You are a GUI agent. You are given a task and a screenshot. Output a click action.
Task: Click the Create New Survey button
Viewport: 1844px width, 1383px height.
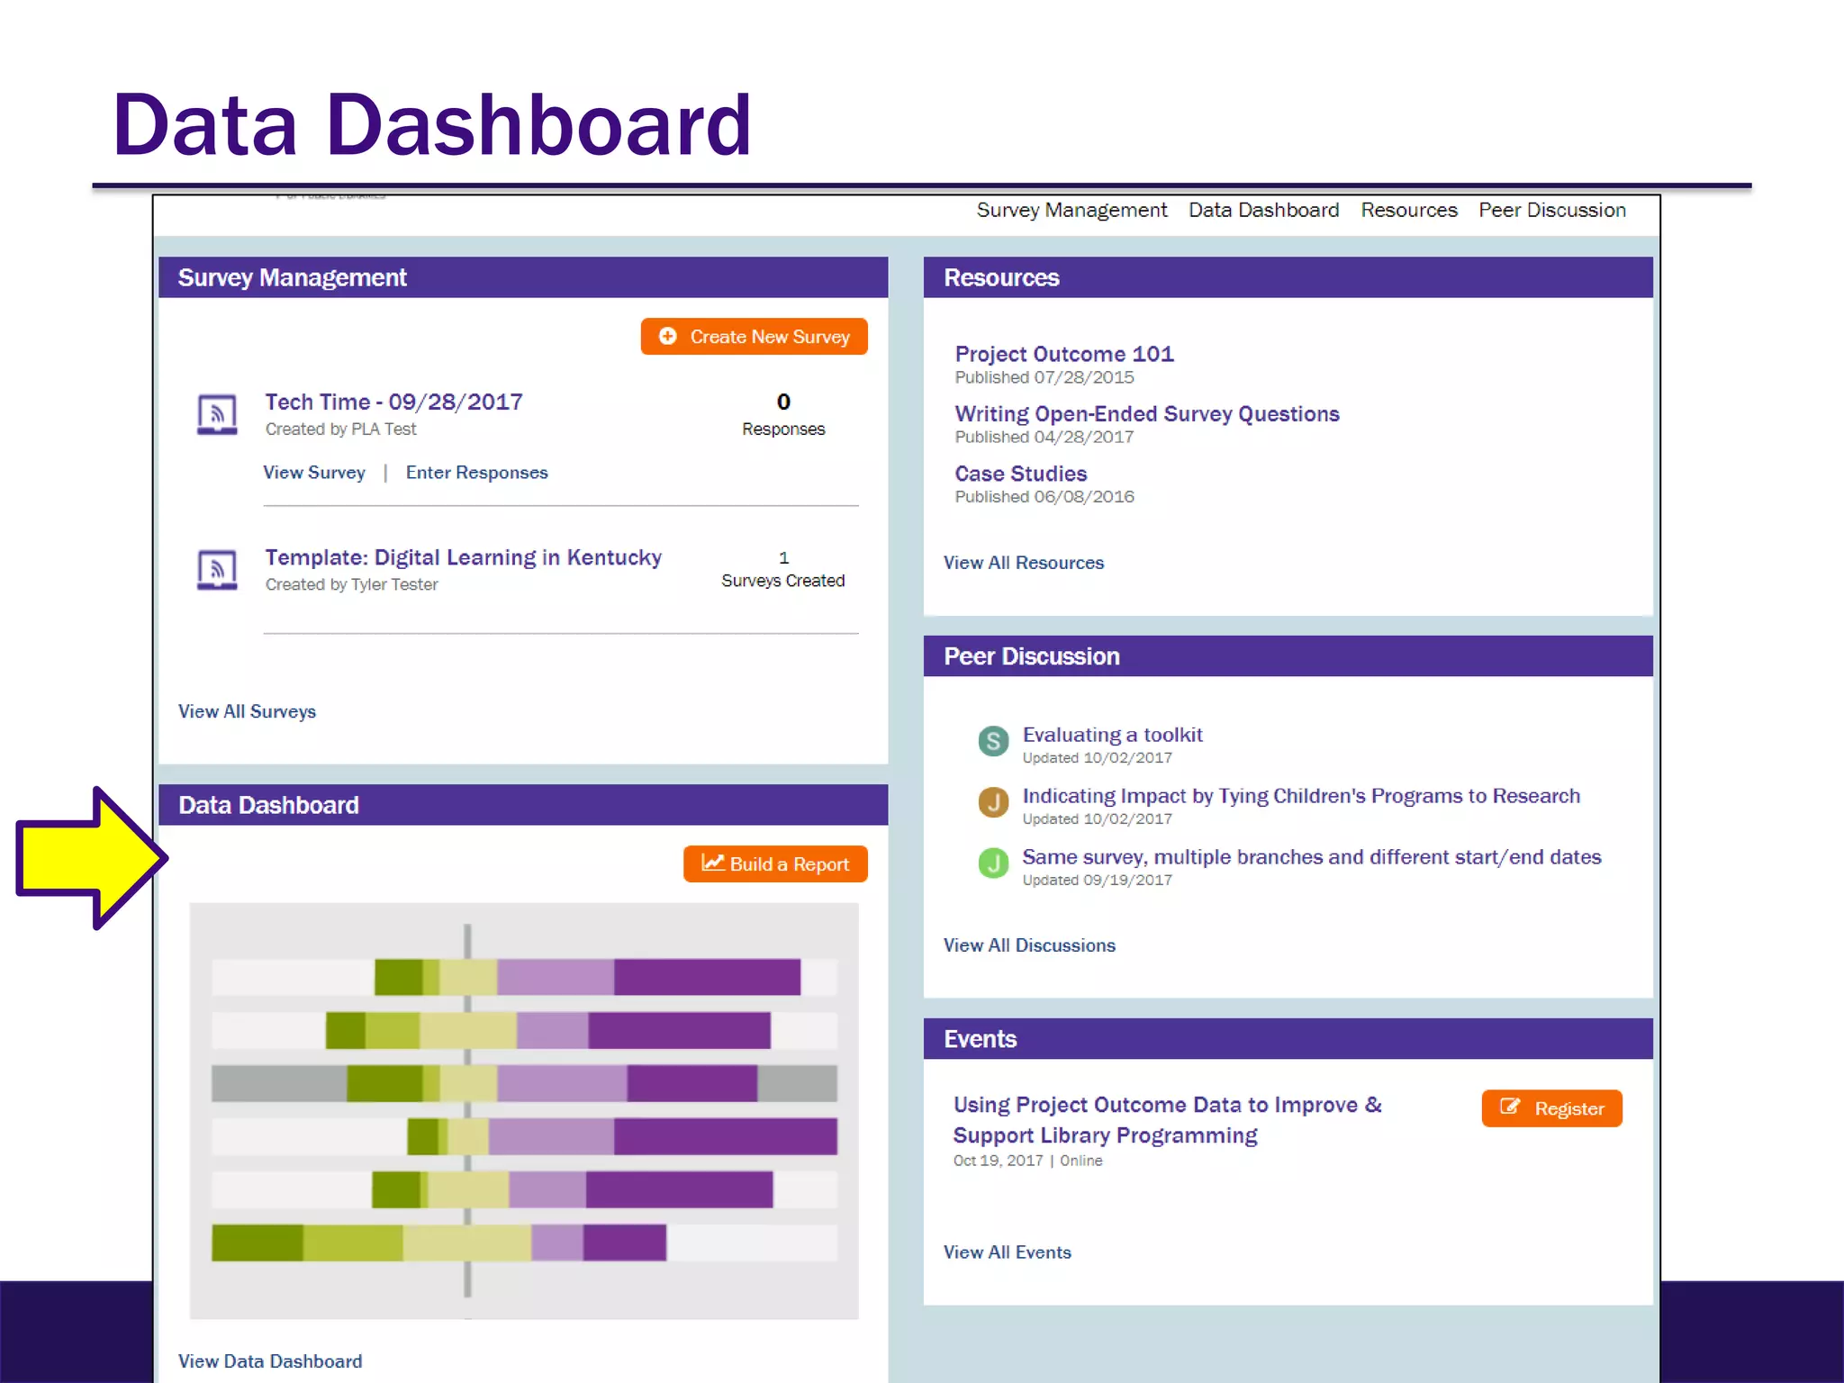click(x=754, y=337)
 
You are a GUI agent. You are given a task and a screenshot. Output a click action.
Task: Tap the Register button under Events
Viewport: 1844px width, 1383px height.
click(x=1551, y=1108)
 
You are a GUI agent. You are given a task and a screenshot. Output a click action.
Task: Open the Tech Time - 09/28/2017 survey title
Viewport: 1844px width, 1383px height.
click(x=393, y=402)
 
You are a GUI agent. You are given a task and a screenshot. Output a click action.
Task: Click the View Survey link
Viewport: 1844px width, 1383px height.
click(x=313, y=473)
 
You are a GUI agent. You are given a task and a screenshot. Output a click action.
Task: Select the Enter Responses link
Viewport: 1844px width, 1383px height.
click(x=476, y=473)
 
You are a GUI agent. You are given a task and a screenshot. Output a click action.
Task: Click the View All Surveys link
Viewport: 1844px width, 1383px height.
click(x=247, y=711)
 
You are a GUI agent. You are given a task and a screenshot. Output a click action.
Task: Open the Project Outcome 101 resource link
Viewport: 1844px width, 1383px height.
click(x=1064, y=354)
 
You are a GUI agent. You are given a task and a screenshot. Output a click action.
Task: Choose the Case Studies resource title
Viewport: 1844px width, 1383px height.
click(x=1020, y=474)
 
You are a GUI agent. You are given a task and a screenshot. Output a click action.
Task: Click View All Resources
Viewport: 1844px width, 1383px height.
click(x=1023, y=563)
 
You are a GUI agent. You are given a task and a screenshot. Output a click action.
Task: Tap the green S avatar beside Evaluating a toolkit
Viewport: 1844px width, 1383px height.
click(x=993, y=741)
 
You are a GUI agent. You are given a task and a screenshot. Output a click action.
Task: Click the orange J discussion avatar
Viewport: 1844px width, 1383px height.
click(x=993, y=802)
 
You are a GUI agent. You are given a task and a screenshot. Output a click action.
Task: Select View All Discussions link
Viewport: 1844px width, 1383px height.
click(x=1029, y=945)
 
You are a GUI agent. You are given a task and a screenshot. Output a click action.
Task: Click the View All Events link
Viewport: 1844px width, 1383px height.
click(x=1007, y=1252)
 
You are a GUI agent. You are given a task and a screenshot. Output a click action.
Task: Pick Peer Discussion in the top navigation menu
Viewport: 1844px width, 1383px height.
click(x=1551, y=210)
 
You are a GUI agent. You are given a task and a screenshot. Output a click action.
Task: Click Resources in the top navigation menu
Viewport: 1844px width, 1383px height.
click(x=1408, y=210)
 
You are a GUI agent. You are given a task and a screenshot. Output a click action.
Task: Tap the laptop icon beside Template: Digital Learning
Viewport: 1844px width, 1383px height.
click(x=217, y=569)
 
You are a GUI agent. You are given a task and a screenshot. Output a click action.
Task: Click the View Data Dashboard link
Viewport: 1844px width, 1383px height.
click(x=270, y=1361)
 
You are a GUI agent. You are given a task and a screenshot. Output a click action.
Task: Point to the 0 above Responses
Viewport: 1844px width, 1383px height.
click(x=783, y=402)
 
